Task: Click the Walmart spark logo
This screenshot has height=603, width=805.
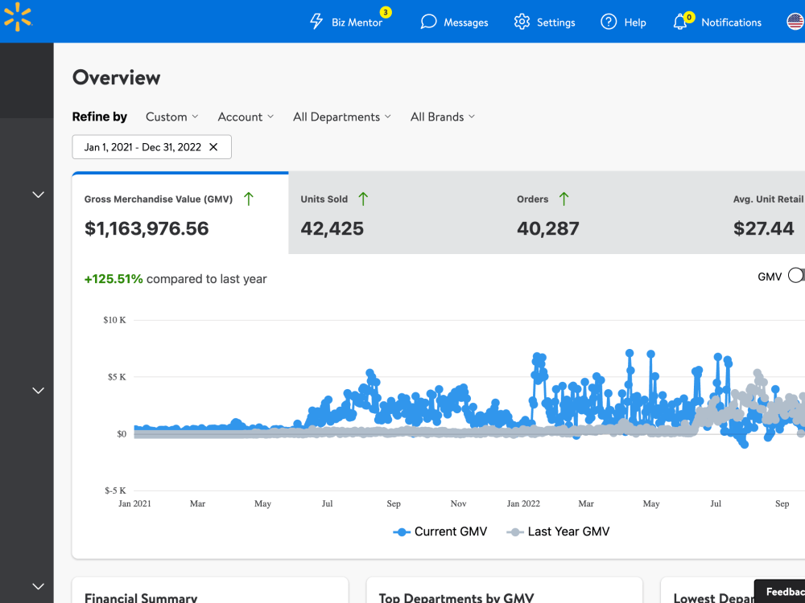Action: [18, 16]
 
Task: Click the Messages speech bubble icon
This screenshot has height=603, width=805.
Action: [428, 22]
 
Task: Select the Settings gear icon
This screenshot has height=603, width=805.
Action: [522, 22]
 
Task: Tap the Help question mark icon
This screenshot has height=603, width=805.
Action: [609, 22]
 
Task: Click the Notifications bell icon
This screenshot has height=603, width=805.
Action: [679, 22]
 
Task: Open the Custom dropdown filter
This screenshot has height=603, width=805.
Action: [172, 117]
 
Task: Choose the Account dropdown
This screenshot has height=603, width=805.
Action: [246, 117]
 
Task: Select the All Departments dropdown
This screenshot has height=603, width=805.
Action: [342, 117]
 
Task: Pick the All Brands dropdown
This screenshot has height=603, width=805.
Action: [443, 117]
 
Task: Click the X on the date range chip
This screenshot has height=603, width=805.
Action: [213, 147]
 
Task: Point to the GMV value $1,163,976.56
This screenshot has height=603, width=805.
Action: [147, 228]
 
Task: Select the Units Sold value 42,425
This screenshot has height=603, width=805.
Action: [332, 228]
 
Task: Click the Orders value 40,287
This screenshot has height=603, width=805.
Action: [547, 228]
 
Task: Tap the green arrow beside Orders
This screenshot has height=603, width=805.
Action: [563, 199]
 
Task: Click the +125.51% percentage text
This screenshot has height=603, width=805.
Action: [114, 279]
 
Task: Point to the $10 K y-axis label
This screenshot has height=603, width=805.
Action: [114, 320]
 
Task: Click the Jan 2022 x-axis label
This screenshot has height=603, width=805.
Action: [523, 503]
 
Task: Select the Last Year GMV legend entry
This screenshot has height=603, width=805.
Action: [558, 531]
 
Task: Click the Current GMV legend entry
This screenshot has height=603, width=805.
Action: [440, 531]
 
